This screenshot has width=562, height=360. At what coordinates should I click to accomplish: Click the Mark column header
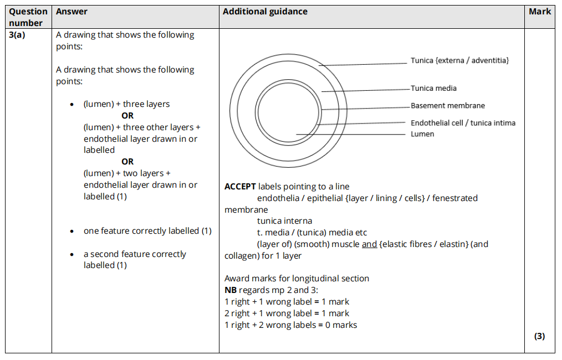coord(539,12)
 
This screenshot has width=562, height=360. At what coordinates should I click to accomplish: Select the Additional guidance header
coord(265,12)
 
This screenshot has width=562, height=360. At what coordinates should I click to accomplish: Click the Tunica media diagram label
coord(433,88)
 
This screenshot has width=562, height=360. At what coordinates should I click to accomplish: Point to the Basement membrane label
coord(447,106)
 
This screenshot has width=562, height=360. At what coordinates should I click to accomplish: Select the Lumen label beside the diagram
coord(422,134)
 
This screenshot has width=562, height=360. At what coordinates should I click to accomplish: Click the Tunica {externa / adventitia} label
coord(459,60)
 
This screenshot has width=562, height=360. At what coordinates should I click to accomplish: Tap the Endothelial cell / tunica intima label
coord(463,123)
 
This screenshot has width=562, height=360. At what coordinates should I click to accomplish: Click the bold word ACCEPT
coord(240,187)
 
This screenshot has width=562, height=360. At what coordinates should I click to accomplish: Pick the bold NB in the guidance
coord(230,290)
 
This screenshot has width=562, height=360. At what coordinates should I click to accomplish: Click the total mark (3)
coord(539,336)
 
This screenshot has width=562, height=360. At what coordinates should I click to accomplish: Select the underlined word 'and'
coord(369,244)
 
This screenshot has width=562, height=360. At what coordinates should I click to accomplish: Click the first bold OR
coord(127,116)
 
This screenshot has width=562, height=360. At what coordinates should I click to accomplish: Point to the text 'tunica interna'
coord(284,221)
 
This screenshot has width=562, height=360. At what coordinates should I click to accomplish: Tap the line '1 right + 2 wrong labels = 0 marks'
coord(290,325)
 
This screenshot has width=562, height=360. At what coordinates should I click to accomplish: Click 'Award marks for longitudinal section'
coord(297,279)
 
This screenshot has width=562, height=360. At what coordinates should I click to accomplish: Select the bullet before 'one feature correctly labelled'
coord(72,232)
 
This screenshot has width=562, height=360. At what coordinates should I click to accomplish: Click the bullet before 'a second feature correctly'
coord(72,255)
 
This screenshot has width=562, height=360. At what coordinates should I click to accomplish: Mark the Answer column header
coord(71,12)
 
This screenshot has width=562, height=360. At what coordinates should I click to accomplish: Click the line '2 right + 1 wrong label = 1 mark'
coord(287,313)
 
